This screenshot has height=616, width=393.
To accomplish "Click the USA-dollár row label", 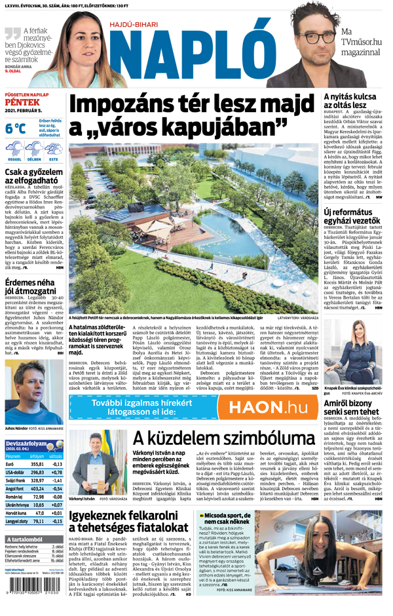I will pyautogui.click(x=15, y=472).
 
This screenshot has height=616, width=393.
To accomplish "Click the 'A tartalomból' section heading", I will pyautogui.click(x=24, y=539).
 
